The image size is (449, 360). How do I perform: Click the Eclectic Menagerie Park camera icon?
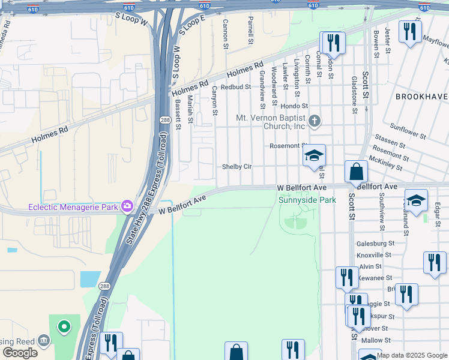(127, 207)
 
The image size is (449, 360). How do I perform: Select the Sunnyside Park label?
(307, 200)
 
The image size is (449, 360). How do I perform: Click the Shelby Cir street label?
(237, 167)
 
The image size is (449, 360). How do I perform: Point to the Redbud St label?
(235, 87)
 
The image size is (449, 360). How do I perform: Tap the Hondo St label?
(294, 106)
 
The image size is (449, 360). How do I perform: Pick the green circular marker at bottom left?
(64, 327)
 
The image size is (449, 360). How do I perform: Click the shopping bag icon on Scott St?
(356, 172)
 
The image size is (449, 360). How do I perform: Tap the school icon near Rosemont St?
(314, 156)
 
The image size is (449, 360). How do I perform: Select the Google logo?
(20, 353)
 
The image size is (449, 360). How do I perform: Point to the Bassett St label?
(178, 114)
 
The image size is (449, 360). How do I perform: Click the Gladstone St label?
(354, 95)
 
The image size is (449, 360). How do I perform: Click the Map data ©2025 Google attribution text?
(412, 355)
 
